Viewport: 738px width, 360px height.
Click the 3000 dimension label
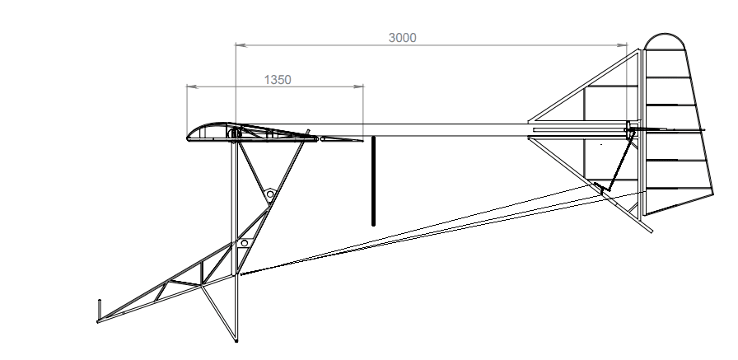point(403,38)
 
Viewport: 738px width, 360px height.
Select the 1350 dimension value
point(278,80)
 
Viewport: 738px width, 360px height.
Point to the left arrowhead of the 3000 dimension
point(241,45)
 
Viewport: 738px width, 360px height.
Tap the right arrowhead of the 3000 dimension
point(621,45)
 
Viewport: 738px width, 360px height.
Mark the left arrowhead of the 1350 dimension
point(192,86)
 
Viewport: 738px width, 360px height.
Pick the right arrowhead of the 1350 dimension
point(357,86)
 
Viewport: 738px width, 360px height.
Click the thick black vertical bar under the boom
point(374,181)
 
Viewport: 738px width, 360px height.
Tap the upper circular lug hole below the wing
point(270,194)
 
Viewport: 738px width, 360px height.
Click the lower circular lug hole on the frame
point(245,243)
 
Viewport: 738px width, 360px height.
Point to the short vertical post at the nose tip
point(100,309)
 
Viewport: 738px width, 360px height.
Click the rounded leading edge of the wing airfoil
point(189,137)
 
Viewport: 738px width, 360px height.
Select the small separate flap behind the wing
point(341,139)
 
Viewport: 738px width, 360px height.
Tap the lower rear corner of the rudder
point(644,215)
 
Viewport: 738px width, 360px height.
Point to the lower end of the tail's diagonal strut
point(652,231)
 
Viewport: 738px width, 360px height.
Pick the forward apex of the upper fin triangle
point(530,121)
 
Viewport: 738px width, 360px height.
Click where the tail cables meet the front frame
point(241,274)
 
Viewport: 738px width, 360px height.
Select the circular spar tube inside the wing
point(234,134)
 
